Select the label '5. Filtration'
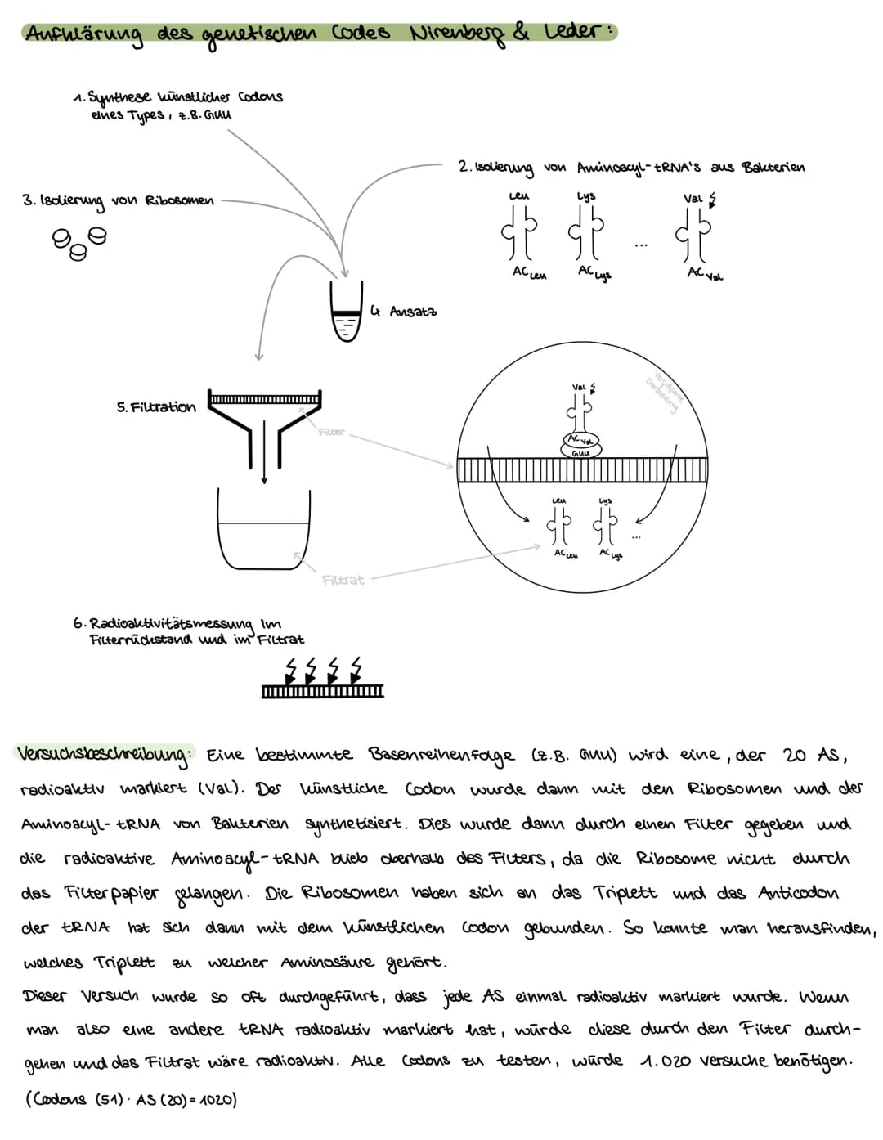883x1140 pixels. click(156, 406)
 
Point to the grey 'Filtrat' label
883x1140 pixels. click(343, 580)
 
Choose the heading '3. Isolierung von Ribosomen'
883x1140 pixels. click(118, 201)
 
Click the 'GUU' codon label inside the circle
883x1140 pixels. click(580, 451)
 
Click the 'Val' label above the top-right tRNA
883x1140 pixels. click(693, 198)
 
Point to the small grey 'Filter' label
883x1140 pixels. click(331, 432)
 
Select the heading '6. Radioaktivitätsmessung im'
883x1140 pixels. click(177, 623)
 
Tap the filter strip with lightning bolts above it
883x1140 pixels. click(322, 692)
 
